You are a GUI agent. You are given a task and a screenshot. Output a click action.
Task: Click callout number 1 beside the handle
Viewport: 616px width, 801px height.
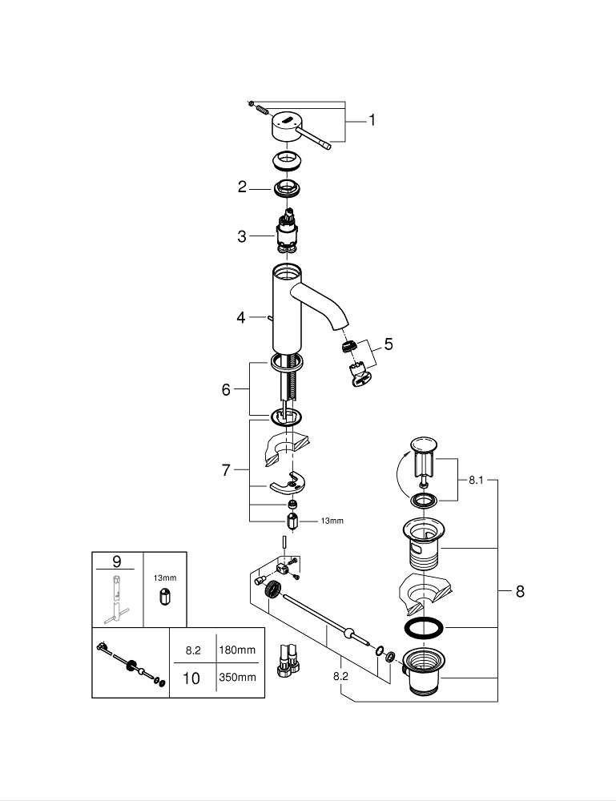click(x=372, y=121)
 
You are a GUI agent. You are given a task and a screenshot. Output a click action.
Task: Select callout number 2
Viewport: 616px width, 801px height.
click(x=242, y=187)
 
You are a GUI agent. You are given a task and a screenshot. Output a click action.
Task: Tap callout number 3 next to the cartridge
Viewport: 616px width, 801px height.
click(x=242, y=236)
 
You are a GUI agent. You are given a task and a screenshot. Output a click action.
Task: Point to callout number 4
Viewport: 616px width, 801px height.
click(x=241, y=317)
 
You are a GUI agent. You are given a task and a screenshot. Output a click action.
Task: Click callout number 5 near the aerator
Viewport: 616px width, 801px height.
click(x=388, y=344)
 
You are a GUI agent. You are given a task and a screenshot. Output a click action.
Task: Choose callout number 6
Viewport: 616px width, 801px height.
click(x=226, y=389)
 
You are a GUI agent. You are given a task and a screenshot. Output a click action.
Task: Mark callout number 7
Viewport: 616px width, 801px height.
click(x=226, y=470)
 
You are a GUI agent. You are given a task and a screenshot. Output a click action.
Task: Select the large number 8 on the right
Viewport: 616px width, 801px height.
click(x=520, y=592)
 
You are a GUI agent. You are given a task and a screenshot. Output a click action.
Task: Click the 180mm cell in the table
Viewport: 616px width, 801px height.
click(x=237, y=650)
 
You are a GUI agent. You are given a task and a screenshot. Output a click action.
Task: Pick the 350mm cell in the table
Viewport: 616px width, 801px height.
click(x=237, y=677)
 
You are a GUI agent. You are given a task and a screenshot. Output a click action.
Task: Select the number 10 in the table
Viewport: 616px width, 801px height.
click(x=192, y=678)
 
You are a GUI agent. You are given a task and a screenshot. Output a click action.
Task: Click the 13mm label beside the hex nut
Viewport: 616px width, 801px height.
click(x=332, y=521)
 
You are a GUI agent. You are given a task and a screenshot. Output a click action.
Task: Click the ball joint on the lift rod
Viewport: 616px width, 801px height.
click(x=346, y=634)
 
